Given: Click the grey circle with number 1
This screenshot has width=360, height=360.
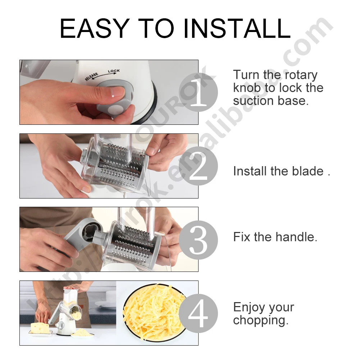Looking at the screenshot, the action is tap(199, 92).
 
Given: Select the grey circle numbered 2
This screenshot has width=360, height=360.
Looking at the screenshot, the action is tap(199, 166).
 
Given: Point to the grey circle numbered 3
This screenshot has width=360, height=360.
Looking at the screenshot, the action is tap(199, 240).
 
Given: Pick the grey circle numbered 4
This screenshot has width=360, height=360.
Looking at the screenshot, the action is tap(199, 313).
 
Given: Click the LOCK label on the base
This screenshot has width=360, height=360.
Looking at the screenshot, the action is tap(114, 71).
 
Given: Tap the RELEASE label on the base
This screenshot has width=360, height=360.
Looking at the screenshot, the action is tap(91, 77).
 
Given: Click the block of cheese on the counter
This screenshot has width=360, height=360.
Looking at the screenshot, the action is tap(40, 328).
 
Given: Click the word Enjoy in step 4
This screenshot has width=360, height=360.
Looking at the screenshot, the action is tap(249, 307).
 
